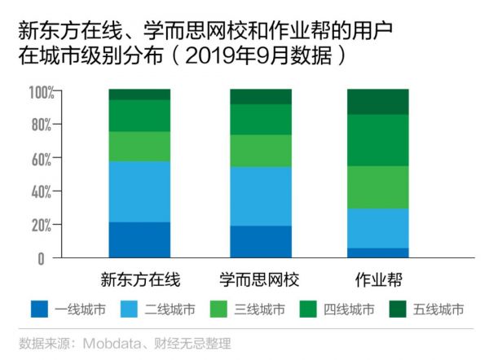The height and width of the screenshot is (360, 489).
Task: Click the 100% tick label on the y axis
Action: [39, 92]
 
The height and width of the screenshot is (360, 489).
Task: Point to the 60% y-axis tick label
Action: [42, 159]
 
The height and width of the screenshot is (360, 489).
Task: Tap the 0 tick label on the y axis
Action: [50, 258]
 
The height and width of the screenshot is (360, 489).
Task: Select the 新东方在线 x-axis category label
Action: [139, 280]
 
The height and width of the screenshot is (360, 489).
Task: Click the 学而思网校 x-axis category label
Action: [260, 280]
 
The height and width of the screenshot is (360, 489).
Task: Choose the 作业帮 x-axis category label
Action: [377, 280]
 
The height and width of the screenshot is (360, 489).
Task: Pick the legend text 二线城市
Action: [170, 310]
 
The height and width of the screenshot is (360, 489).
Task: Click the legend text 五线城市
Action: [438, 310]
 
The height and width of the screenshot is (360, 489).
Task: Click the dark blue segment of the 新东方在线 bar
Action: [139, 239]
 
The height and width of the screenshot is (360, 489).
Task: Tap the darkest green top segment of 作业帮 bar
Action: [377, 101]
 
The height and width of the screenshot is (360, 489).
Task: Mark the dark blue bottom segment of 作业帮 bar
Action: [377, 252]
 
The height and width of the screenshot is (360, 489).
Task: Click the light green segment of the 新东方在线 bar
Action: [139, 147]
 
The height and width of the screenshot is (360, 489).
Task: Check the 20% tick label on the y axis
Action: [42, 225]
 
